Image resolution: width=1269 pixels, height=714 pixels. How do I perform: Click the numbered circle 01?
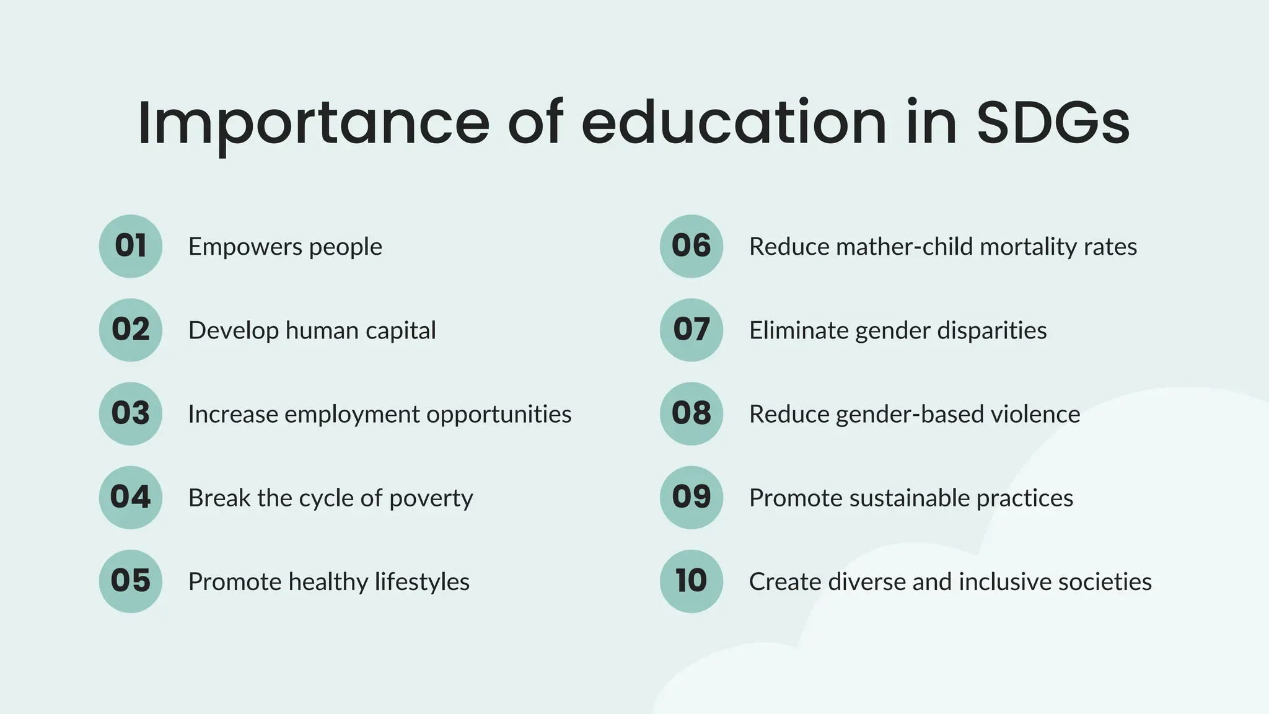[130, 246]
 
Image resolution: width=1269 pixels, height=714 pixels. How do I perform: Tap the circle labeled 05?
[130, 581]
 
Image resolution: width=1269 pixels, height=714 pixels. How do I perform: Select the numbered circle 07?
[692, 330]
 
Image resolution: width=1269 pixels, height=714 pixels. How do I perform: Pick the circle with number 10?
[692, 581]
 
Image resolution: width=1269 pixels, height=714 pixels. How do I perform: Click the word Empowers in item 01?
[245, 247]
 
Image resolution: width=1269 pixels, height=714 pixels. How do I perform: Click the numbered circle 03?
[130, 413]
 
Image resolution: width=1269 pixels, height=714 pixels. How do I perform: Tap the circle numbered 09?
[692, 497]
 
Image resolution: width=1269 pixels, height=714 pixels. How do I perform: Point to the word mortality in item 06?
[1029, 247]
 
